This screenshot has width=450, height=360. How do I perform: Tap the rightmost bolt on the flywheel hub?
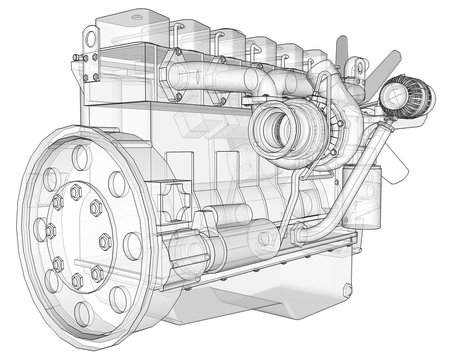[105, 240]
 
